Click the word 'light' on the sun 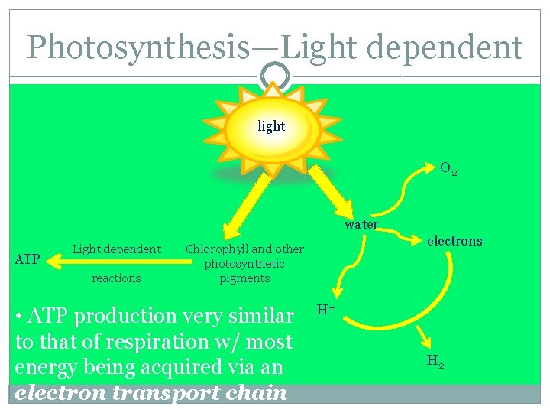[271, 126]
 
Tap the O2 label [448, 169]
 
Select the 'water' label [361, 225]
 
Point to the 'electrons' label [455, 241]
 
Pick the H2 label [435, 361]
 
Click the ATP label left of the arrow [27, 260]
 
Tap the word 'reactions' [116, 278]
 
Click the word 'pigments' [244, 278]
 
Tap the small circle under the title [275, 75]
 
